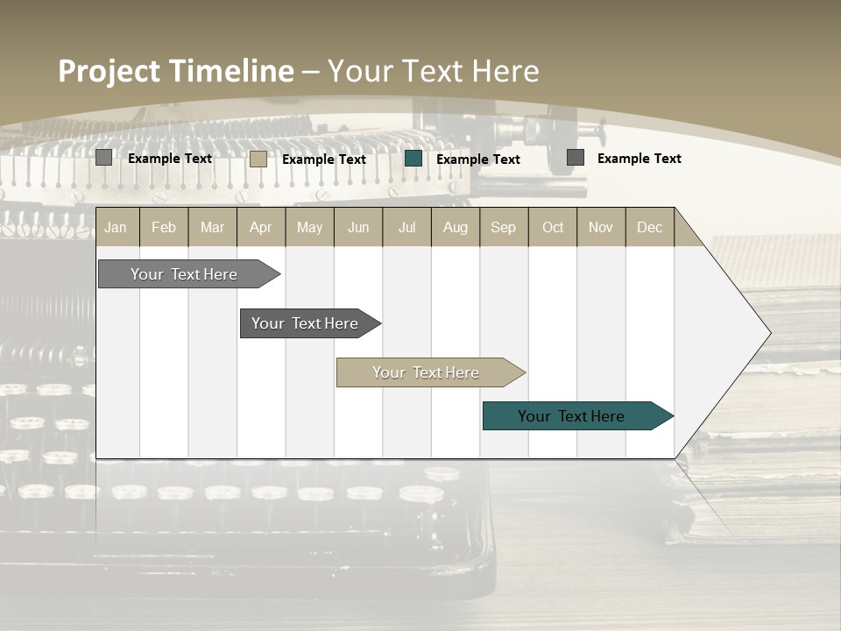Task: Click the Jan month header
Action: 116,227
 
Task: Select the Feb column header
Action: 164,227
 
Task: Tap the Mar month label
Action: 212,227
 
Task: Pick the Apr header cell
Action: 261,227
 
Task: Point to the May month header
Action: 309,227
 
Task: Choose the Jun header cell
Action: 358,227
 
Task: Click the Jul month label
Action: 406,227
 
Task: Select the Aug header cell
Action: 456,227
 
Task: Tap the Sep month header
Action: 504,227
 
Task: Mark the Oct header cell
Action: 553,227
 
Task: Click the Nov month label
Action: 601,227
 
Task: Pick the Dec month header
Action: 650,227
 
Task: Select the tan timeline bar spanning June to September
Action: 427,372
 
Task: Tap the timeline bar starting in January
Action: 185,274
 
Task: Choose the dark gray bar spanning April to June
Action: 306,323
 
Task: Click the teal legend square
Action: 413,159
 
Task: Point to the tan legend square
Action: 258,159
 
